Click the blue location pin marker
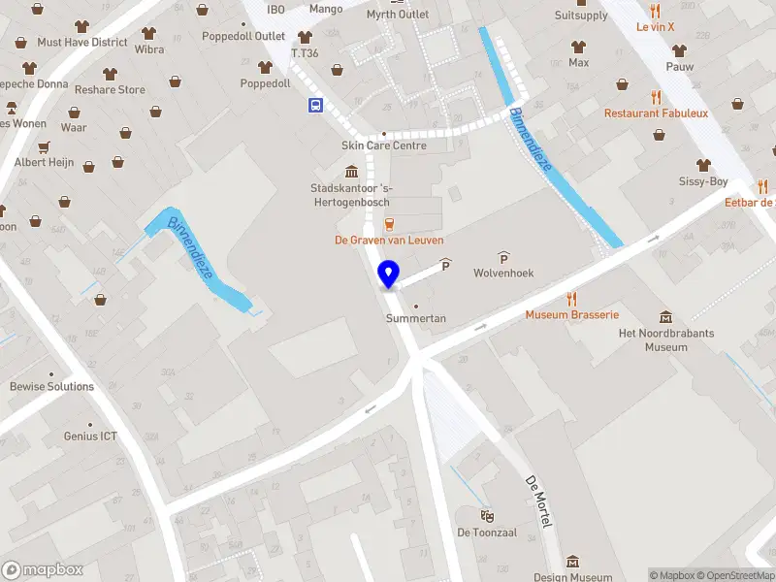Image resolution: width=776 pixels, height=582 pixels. coord(389,275)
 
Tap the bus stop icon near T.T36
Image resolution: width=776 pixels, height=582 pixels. coord(316,107)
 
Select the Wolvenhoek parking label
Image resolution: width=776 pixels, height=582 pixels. coord(503,273)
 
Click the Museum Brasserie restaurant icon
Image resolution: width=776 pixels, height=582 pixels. coord(572,299)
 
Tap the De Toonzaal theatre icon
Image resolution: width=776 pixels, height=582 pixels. coord(487,514)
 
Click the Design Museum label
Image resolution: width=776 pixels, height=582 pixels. coord(572,577)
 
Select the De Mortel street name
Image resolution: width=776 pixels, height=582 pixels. coord(537,501)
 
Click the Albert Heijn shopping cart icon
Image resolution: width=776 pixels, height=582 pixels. coord(44,147)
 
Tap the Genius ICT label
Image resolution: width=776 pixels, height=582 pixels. coord(90,436)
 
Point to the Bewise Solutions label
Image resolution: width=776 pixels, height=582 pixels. coord(52,386)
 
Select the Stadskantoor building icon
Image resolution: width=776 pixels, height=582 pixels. coord(350,172)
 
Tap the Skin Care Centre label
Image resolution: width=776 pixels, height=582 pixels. coord(383,145)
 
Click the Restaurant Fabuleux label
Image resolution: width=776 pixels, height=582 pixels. coord(656,113)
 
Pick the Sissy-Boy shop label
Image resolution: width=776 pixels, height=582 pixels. coord(703,181)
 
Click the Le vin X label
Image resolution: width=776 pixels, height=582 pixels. coord(655,27)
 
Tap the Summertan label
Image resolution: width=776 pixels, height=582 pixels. coord(415,318)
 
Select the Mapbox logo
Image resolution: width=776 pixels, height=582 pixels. coord(43,570)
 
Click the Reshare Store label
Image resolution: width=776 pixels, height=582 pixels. coord(110,90)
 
